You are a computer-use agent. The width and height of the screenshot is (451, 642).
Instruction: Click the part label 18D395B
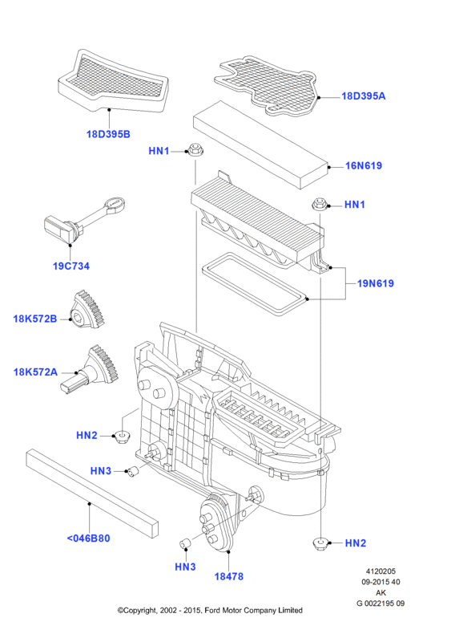[x=108, y=134]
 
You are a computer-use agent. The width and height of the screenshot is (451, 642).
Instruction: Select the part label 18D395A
[x=364, y=96]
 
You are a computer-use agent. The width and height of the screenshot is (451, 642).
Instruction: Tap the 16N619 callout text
[x=364, y=166]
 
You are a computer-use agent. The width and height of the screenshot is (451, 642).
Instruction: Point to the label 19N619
[x=376, y=283]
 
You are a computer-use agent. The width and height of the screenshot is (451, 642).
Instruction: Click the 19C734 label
[x=71, y=266]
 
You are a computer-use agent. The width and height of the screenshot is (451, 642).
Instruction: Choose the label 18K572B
[x=35, y=319]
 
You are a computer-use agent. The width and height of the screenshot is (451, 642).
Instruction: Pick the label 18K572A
[x=35, y=372]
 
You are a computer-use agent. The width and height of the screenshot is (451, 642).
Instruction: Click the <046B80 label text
[x=89, y=538]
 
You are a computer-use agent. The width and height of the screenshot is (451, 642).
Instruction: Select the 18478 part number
[x=229, y=576]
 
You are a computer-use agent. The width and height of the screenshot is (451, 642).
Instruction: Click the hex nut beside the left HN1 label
[x=195, y=149]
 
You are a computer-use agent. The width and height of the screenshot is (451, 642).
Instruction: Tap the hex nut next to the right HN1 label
[x=319, y=204]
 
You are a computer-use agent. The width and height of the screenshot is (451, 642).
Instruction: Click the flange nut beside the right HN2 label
[x=320, y=543]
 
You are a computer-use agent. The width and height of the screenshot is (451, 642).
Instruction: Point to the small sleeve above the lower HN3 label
[x=186, y=544]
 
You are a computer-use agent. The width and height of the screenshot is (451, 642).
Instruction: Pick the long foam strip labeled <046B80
[x=92, y=493]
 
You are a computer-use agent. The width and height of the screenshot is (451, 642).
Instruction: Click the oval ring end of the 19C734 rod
[x=115, y=203]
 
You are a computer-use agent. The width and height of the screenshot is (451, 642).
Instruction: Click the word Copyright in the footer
[x=139, y=611]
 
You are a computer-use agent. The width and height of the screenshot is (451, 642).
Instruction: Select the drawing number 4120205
[x=381, y=571]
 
